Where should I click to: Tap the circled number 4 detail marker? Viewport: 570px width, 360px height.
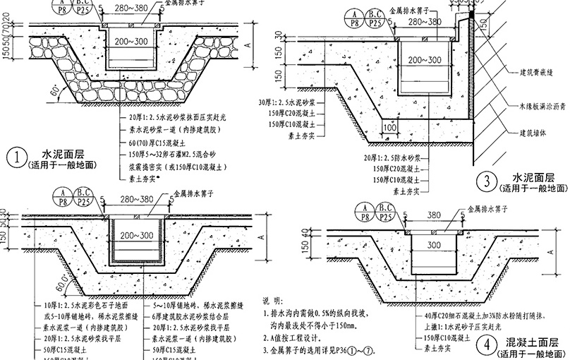pos(485,345)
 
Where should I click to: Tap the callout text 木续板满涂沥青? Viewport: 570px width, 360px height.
pos(544,105)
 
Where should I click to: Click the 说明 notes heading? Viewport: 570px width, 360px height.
pos(272,300)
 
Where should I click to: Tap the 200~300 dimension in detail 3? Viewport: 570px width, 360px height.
pos(425,61)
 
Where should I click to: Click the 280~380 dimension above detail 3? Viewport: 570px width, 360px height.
pos(425,23)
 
